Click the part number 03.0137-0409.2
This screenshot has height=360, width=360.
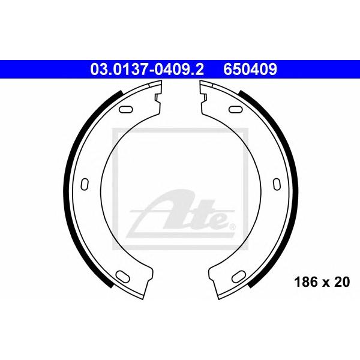point(147,70)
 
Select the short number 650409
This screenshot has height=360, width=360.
point(250,70)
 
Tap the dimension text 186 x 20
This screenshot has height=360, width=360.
point(322,282)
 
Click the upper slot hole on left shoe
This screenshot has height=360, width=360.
point(126,109)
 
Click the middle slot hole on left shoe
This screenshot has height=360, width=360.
point(85,184)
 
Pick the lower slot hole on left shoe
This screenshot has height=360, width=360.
point(123,276)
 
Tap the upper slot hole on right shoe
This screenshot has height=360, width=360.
point(236,109)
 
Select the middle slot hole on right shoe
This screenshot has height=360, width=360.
point(277,184)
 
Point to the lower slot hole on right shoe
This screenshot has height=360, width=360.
point(239,276)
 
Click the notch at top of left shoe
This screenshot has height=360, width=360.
point(157,98)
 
